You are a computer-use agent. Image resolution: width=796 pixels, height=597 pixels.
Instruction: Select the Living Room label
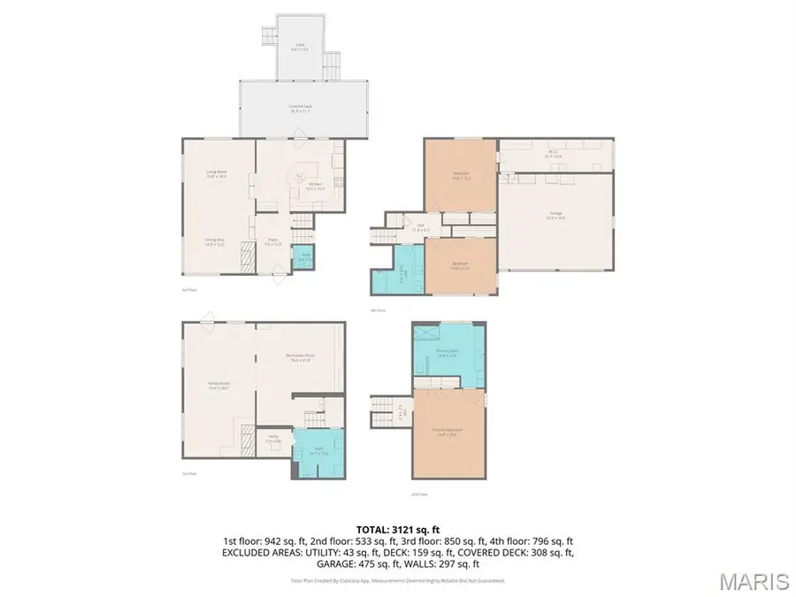[x=217, y=174]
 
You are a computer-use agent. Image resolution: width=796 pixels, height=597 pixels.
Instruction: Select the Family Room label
[x=218, y=387]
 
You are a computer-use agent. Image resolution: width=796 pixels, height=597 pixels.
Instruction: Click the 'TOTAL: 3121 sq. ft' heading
[x=397, y=528]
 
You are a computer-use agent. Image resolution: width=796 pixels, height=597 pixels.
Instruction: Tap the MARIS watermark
[x=754, y=581]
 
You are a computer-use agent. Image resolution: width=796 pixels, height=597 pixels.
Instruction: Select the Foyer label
[x=274, y=241]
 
